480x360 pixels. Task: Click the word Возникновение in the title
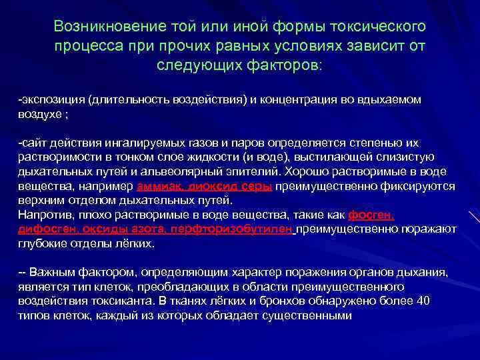pos(101,27)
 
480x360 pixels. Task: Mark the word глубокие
pos(41,243)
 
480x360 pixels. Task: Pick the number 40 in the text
pos(423,300)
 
